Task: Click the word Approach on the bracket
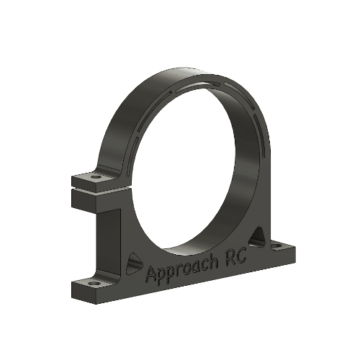(x=183, y=269)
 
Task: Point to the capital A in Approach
(x=151, y=274)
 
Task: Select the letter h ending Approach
(x=214, y=261)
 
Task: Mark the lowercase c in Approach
(x=204, y=264)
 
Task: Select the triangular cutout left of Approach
(x=132, y=263)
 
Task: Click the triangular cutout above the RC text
(x=257, y=236)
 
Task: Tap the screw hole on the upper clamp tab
(x=96, y=175)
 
